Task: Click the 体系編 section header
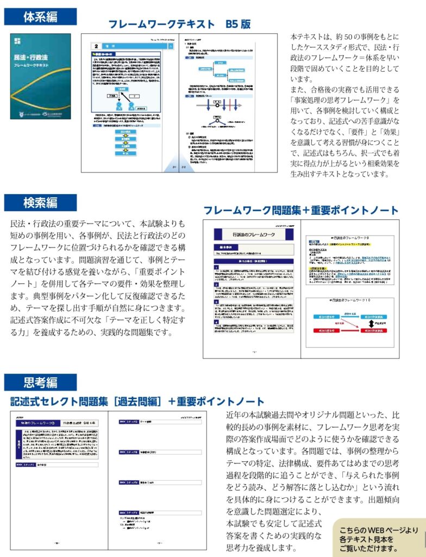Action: tap(40, 17)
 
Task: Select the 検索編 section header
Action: tap(40, 203)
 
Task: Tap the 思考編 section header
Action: tap(40, 382)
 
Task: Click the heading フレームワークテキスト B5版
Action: tap(179, 24)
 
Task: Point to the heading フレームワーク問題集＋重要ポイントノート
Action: tap(300, 211)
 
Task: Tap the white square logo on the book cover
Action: tap(17, 41)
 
